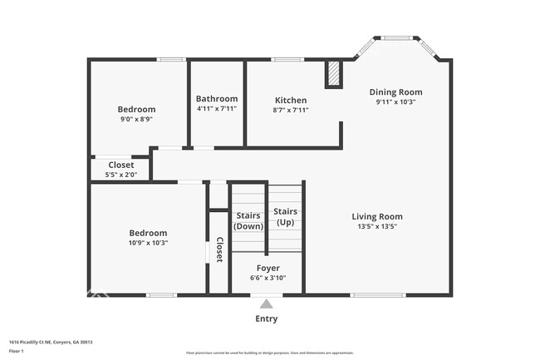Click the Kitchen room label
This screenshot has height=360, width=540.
coord(291,100)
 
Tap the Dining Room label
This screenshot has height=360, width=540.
coord(396,92)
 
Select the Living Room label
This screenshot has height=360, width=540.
coord(377,216)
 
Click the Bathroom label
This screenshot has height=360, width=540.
coord(217,99)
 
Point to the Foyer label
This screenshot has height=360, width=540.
coord(268,268)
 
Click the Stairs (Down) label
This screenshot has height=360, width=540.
coord(248,220)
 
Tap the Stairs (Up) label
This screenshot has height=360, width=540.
coord(285,217)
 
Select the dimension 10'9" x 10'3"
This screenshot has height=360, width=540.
coord(148,243)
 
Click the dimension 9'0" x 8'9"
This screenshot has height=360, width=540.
coord(136,119)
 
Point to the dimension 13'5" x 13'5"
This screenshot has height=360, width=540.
coord(377,226)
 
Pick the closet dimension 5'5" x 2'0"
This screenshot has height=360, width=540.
coord(121,175)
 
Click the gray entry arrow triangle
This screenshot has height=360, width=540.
coord(266,303)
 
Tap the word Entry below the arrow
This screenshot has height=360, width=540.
coord(266,318)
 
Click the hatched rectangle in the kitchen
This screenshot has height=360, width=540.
coord(333,73)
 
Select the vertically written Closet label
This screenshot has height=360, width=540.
coord(219,249)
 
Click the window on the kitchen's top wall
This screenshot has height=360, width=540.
coord(287,59)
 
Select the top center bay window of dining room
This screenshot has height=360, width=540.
coord(396,37)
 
